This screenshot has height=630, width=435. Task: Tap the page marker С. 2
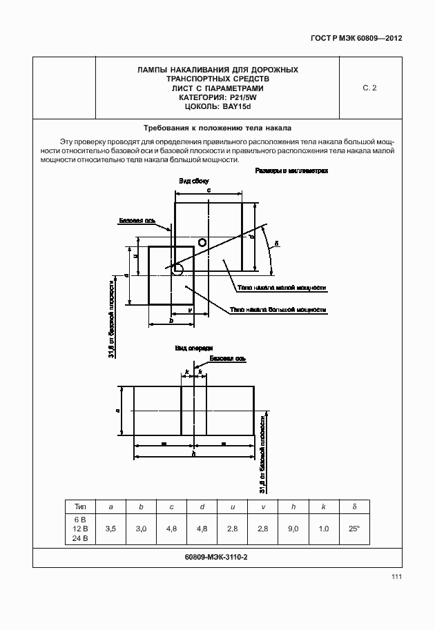pyautogui.click(x=369, y=88)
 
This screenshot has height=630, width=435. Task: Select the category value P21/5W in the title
pyautogui.click(x=233, y=97)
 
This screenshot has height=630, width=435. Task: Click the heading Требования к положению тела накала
pyautogui.click(x=217, y=128)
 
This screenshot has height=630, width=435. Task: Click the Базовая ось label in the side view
pyautogui.click(x=135, y=222)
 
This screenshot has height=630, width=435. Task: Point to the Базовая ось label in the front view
pyautogui.click(x=227, y=359)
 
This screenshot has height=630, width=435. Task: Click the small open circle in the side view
pyautogui.click(x=202, y=242)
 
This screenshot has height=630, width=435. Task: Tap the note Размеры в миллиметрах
pyautogui.click(x=291, y=170)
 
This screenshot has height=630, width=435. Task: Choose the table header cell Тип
pyautogui.click(x=80, y=506)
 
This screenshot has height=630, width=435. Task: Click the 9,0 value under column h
pyautogui.click(x=293, y=529)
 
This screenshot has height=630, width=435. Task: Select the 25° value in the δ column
pyautogui.click(x=354, y=529)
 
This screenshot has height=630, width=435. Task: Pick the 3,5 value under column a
pyautogui.click(x=110, y=529)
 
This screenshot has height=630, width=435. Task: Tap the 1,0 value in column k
pyautogui.click(x=323, y=529)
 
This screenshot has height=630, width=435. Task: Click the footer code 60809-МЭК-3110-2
pyautogui.click(x=217, y=557)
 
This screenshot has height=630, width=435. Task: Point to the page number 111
pyautogui.click(x=396, y=577)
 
